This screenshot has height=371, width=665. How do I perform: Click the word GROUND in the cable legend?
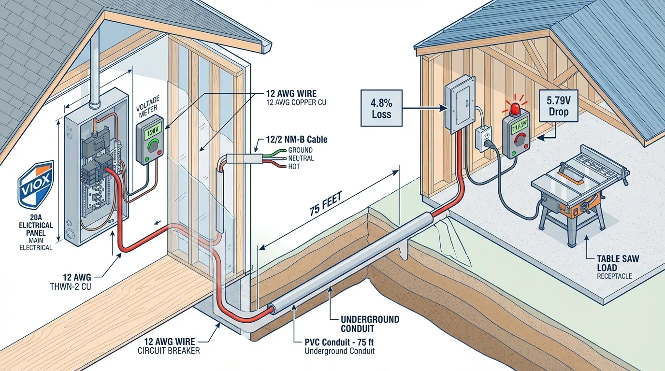point(300,150)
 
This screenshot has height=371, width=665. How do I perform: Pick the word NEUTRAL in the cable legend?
point(301,158)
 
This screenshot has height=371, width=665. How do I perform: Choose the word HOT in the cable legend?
point(294,167)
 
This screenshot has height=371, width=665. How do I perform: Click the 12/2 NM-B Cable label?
point(296,140)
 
